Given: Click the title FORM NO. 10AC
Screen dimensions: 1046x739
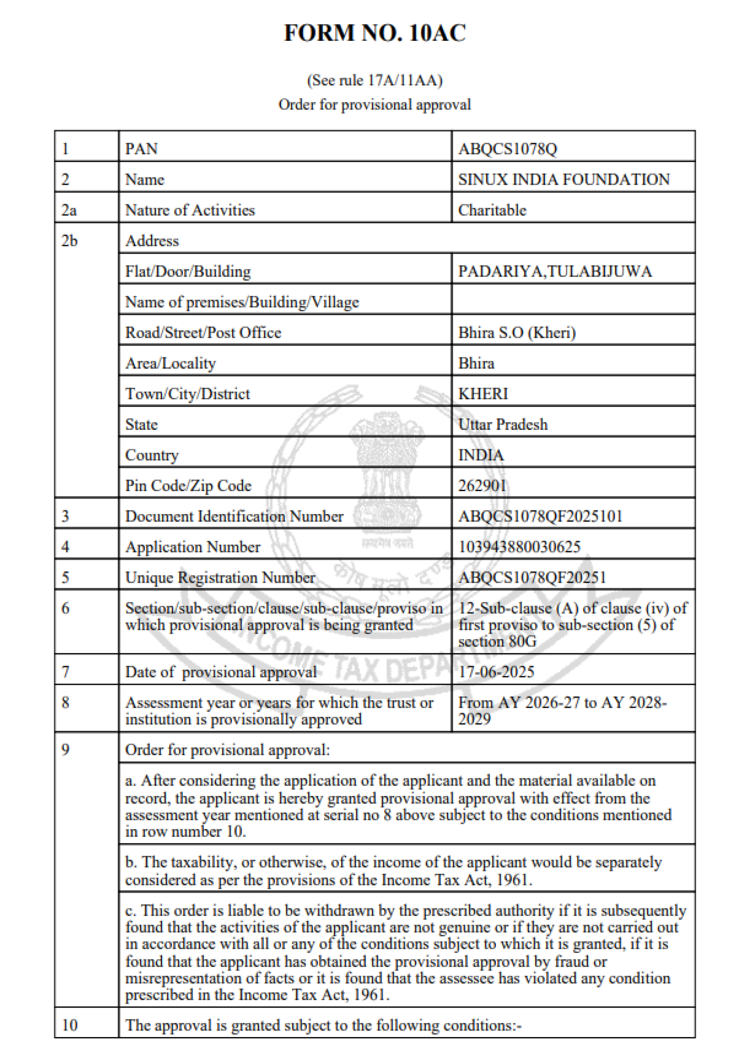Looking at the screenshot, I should tap(374, 33).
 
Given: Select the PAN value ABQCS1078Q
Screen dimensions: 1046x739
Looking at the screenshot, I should tap(507, 149).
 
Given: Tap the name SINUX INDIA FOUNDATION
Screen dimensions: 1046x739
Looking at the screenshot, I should tap(563, 179).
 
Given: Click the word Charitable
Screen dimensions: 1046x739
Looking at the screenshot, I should tap(492, 210).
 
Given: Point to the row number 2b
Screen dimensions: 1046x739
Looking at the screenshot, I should tap(69, 241).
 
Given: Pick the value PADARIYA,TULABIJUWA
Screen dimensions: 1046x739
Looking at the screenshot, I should tap(555, 271).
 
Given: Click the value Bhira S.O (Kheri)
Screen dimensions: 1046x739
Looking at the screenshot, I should tap(516, 333).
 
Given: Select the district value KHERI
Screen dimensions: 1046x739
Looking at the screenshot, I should tap(483, 394).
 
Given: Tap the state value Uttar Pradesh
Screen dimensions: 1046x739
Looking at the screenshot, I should tap(503, 424).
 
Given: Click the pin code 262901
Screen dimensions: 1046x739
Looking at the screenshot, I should tap(482, 486).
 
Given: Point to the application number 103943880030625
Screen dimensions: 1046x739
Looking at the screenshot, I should tap(519, 547).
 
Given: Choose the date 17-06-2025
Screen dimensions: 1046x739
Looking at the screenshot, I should tap(496, 672).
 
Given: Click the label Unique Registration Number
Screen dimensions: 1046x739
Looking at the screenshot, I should tap(220, 577).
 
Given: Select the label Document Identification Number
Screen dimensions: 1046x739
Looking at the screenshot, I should tap(234, 516).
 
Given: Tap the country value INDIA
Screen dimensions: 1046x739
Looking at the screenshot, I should tap(481, 455).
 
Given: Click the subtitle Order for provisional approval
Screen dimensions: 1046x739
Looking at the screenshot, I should tap(374, 105).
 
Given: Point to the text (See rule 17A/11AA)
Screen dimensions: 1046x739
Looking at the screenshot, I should tap(374, 81).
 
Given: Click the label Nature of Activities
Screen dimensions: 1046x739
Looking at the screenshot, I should tap(190, 210).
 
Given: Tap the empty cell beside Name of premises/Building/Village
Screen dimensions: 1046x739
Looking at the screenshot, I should tap(573, 302).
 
